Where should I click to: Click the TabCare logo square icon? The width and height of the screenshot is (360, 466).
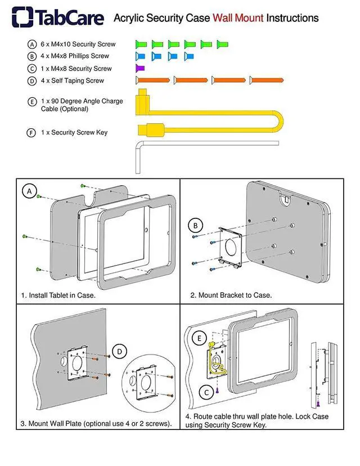(22, 17)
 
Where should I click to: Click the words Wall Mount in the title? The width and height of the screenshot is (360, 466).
(238, 18)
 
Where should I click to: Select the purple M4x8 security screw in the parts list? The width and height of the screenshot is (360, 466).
(140, 68)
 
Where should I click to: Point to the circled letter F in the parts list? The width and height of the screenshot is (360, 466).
(31, 133)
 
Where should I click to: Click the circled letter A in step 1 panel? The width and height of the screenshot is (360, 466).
(29, 191)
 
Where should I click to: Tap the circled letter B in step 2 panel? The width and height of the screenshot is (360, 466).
(195, 226)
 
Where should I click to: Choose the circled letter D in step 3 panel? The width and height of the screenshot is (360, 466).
(119, 352)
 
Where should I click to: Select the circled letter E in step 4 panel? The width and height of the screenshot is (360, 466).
(199, 338)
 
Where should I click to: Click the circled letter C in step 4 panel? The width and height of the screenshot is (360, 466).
(206, 393)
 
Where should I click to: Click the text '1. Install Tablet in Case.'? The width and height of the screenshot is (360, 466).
(58, 295)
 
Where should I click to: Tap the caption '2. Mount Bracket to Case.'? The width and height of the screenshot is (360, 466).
(231, 295)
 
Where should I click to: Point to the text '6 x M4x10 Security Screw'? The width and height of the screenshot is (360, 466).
(78, 44)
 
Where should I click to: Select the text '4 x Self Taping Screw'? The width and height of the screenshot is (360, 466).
(73, 80)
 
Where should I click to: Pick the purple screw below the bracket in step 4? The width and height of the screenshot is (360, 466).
(217, 390)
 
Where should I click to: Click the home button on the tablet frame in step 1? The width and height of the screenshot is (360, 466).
(146, 230)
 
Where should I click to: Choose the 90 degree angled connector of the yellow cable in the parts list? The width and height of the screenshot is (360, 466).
(142, 102)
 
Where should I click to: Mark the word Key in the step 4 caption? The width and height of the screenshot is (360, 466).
(260, 425)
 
